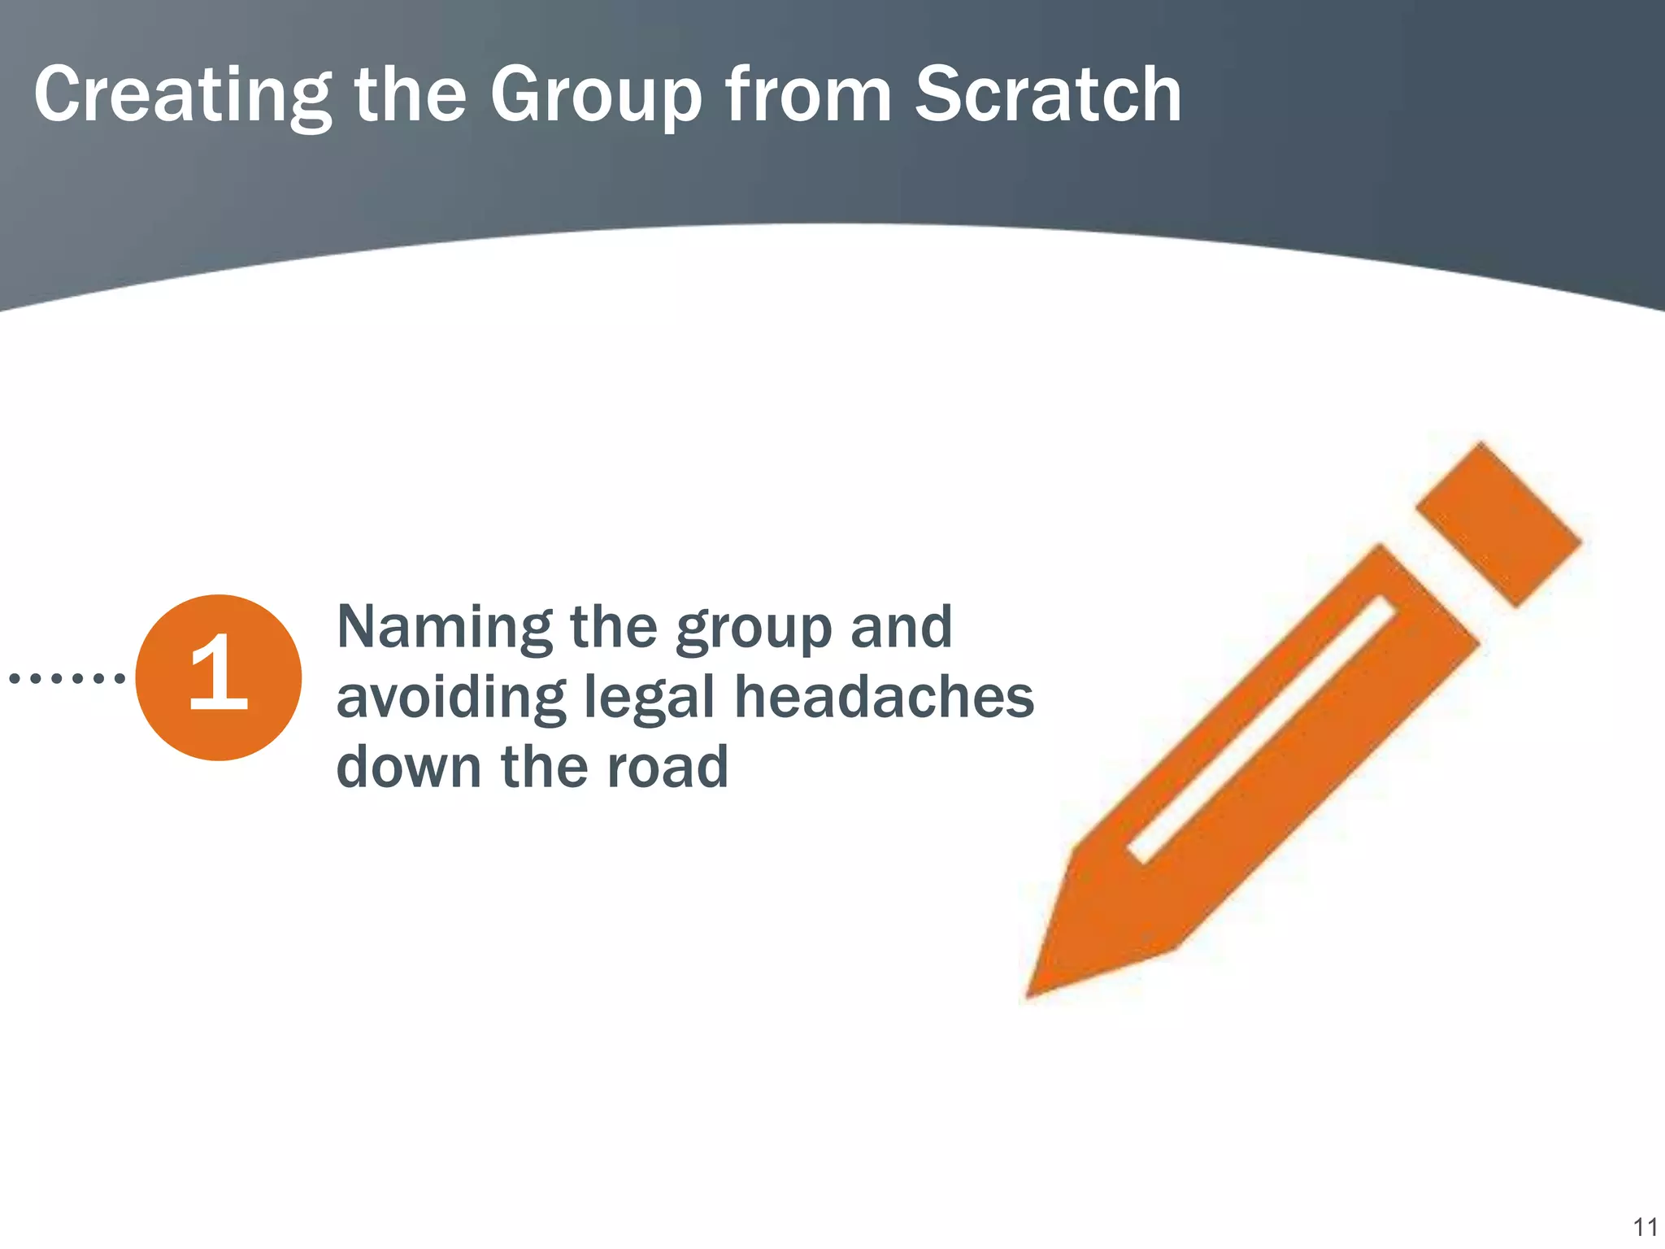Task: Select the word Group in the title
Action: pyautogui.click(x=596, y=96)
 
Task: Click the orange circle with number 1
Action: pyautogui.click(x=218, y=677)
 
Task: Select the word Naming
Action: pyautogui.click(x=444, y=629)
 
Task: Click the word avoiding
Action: pyautogui.click(x=450, y=698)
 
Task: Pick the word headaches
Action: pyautogui.click(x=884, y=698)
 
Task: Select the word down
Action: pyautogui.click(x=409, y=768)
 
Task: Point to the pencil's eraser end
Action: pyautogui.click(x=1498, y=524)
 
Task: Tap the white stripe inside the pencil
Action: pyautogui.click(x=1262, y=729)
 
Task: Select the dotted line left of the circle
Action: pyautogui.click(x=67, y=677)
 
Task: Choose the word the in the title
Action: pyautogui.click(x=410, y=96)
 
